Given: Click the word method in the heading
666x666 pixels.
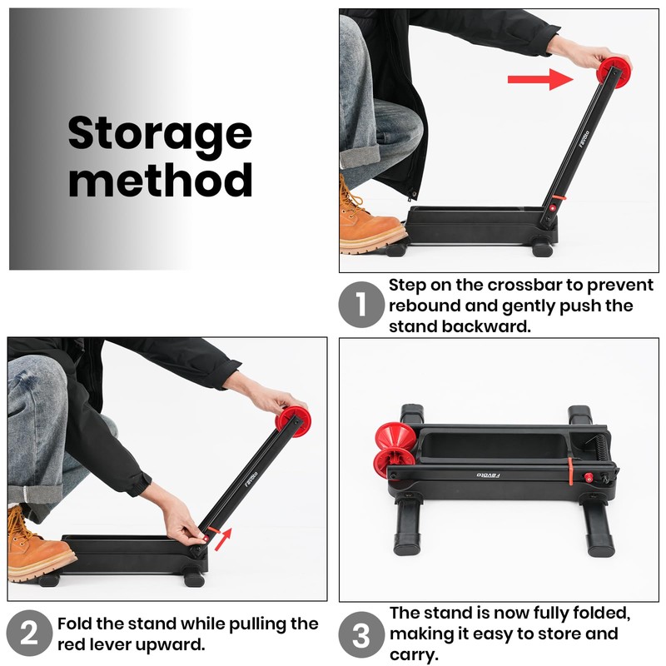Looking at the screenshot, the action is (161, 180).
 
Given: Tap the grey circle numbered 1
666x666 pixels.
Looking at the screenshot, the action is (361, 304).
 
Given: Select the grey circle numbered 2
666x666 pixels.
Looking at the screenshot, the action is (29, 633).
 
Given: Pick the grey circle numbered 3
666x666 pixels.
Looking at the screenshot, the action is (361, 634).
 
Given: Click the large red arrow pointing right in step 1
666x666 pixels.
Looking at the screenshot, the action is (540, 79).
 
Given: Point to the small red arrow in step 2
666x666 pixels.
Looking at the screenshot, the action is (223, 539).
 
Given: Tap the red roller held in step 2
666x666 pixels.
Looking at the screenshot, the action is (293, 421).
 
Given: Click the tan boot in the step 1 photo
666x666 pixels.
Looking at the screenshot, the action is (370, 221).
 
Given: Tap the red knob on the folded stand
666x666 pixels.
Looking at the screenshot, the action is (589, 477).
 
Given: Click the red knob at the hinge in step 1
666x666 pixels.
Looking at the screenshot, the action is (553, 208).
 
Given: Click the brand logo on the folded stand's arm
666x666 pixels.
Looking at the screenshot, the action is (488, 475).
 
